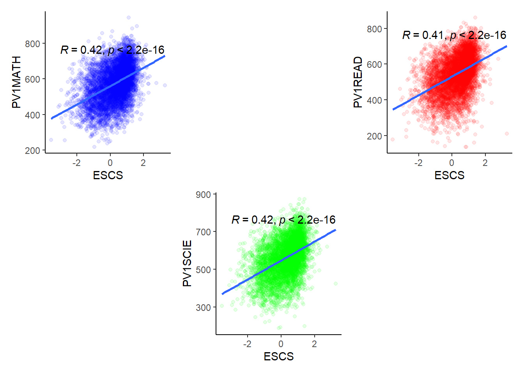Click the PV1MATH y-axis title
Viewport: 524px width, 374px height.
(16, 82)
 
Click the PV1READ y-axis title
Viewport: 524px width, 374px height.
(358, 82)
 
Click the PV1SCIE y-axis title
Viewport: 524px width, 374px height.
(187, 263)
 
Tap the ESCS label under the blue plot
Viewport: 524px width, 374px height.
(108, 175)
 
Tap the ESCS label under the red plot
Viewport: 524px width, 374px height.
(450, 175)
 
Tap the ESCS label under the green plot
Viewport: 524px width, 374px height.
(279, 356)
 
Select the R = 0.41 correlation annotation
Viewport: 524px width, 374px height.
(454, 35)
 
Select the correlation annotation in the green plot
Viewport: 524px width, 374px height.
(283, 220)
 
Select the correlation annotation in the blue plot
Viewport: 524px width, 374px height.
(112, 50)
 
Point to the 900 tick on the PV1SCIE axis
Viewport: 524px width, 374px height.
(203, 194)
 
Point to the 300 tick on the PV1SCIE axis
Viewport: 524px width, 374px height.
(203, 308)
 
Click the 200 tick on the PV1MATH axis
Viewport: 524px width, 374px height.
(32, 151)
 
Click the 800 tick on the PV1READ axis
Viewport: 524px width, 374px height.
(374, 29)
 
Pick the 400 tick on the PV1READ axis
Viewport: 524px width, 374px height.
(374, 101)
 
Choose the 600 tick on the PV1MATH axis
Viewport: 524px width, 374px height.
(32, 79)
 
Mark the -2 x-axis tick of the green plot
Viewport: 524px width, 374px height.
(247, 344)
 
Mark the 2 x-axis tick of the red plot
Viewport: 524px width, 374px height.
(485, 163)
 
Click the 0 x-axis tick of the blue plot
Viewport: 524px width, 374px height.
(110, 163)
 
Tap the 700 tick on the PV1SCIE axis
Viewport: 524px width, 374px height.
(203, 232)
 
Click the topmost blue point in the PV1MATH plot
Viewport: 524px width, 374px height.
(129, 18)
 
